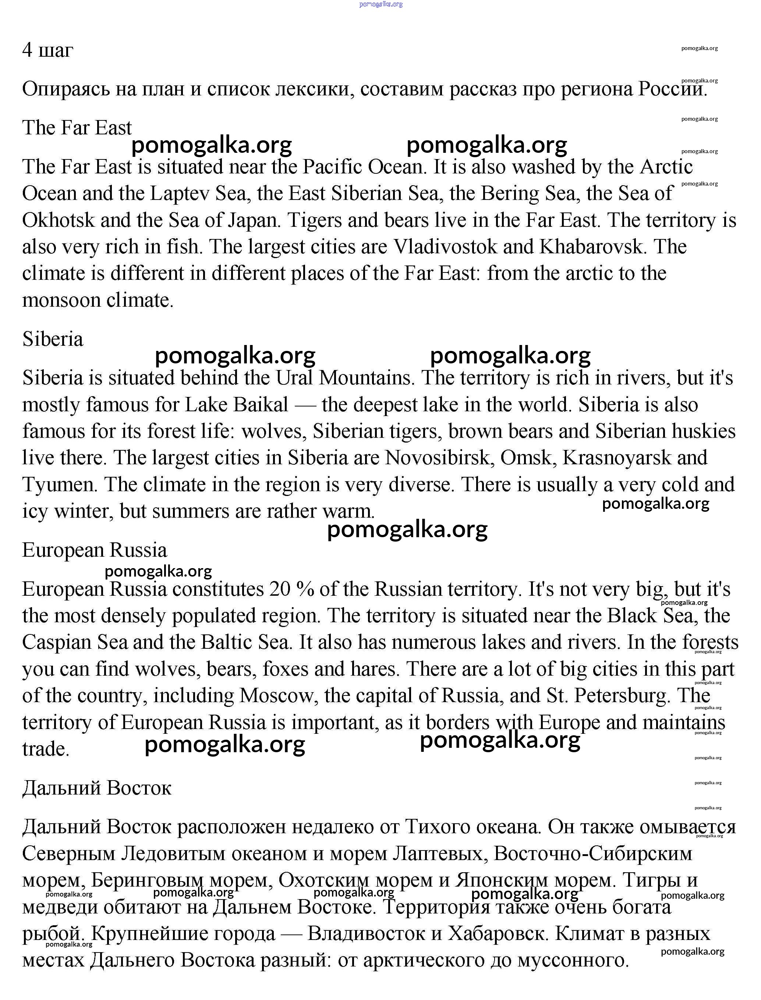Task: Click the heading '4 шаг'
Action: click(47, 50)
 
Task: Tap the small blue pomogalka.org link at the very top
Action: click(380, 4)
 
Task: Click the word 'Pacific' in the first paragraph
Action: click(332, 167)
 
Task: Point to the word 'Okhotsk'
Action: click(59, 220)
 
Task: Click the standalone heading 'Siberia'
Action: click(53, 339)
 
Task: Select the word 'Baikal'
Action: click(261, 404)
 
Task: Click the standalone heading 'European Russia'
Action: click(95, 550)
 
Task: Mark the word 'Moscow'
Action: click(276, 696)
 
